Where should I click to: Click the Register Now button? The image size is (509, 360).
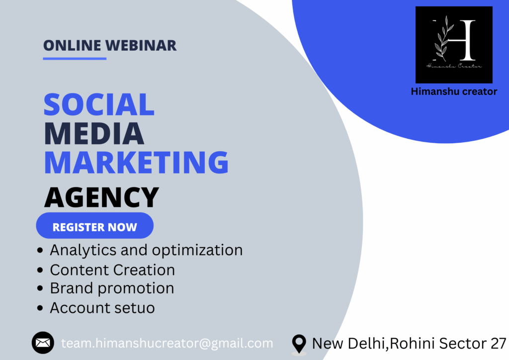pos(94,226)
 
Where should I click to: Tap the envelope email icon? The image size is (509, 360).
pos(43,343)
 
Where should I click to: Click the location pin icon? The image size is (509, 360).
pos(299,344)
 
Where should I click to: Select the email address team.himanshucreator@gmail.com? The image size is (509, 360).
pos(167,344)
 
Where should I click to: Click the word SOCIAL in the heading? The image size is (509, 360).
pos(99,104)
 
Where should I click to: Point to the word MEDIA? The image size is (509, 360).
pos(94,133)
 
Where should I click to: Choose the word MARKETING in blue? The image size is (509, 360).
pos(136,162)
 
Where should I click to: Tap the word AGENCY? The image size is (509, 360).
pos(101,197)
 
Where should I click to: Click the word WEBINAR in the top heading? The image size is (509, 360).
pos(141,45)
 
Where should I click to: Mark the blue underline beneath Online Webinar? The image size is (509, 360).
pos(75,59)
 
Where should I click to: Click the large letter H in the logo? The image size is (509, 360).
pos(462,40)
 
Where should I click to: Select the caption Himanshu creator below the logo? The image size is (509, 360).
pos(454,91)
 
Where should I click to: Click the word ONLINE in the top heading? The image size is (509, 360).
pos(72,45)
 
